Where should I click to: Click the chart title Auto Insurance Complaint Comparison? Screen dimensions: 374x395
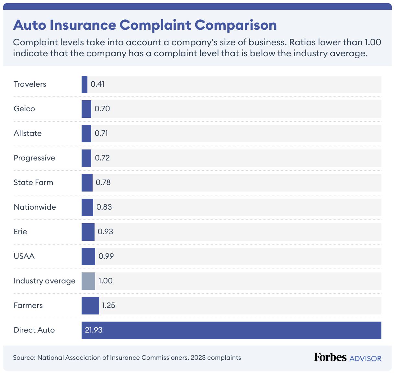[145, 25]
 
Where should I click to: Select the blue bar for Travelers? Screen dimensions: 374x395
[85, 84]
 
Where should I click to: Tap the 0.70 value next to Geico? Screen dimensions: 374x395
[102, 109]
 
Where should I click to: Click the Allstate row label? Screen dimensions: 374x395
[28, 133]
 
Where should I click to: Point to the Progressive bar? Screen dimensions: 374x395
[86, 158]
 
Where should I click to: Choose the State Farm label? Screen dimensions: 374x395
[33, 182]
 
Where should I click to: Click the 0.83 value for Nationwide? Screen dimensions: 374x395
[104, 207]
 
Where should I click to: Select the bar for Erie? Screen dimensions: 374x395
[88, 232]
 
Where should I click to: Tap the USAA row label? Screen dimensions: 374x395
[24, 256]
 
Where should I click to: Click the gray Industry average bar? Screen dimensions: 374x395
[88, 281]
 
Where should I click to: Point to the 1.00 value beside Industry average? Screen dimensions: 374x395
[106, 281]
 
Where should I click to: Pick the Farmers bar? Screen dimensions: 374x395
[90, 306]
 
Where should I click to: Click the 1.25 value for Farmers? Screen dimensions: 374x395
[108, 305]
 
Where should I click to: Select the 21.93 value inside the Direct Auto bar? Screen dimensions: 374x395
[94, 330]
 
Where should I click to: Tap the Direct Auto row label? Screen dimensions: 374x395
[34, 330]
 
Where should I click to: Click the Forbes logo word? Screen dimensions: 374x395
[330, 357]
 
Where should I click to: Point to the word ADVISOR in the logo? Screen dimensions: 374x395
[366, 358]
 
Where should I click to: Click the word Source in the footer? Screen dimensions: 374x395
[24, 357]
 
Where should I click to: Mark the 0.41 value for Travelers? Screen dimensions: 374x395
[97, 84]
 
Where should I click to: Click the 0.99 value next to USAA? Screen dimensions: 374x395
[106, 256]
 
